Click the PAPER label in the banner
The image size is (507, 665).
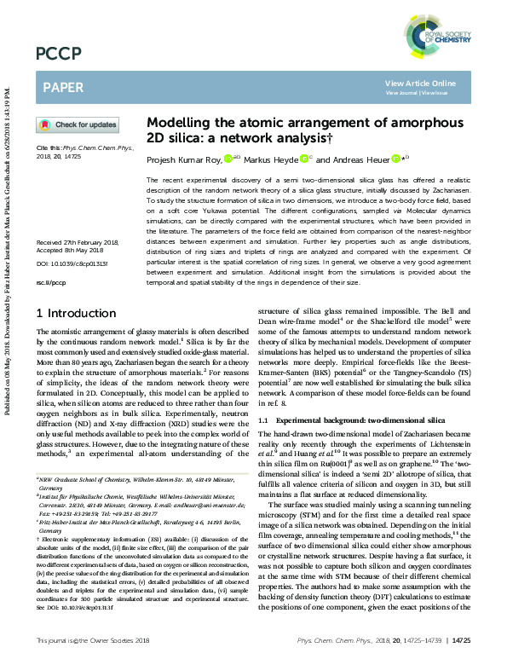(63, 87)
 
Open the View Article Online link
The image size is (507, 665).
(420, 83)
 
